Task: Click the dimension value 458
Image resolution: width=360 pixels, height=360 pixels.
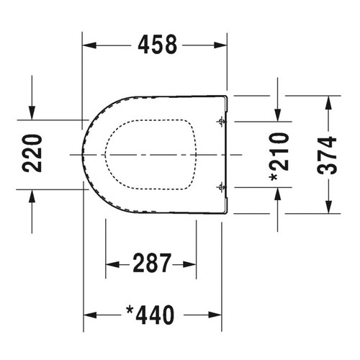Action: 156,45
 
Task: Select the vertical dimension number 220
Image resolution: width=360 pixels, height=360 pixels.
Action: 33,153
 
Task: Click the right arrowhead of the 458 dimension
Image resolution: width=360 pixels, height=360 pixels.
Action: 222,45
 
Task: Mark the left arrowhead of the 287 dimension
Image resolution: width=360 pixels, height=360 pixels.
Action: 111,264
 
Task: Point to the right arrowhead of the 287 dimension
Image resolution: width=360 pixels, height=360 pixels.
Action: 191,264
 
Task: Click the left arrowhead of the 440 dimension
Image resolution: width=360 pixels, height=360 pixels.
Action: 90,315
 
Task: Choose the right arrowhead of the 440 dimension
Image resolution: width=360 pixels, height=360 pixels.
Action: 215,315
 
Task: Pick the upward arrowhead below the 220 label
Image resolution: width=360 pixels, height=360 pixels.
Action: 33,195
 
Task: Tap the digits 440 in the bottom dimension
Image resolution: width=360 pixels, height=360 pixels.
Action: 157,315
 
